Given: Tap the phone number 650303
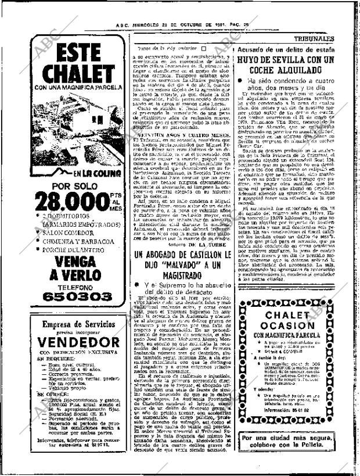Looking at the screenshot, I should pos(78,296).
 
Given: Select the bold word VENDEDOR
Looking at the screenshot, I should pos(78,342).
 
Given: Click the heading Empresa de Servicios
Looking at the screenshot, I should pos(78,325).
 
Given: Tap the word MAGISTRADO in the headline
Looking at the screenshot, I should pos(181,275).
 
